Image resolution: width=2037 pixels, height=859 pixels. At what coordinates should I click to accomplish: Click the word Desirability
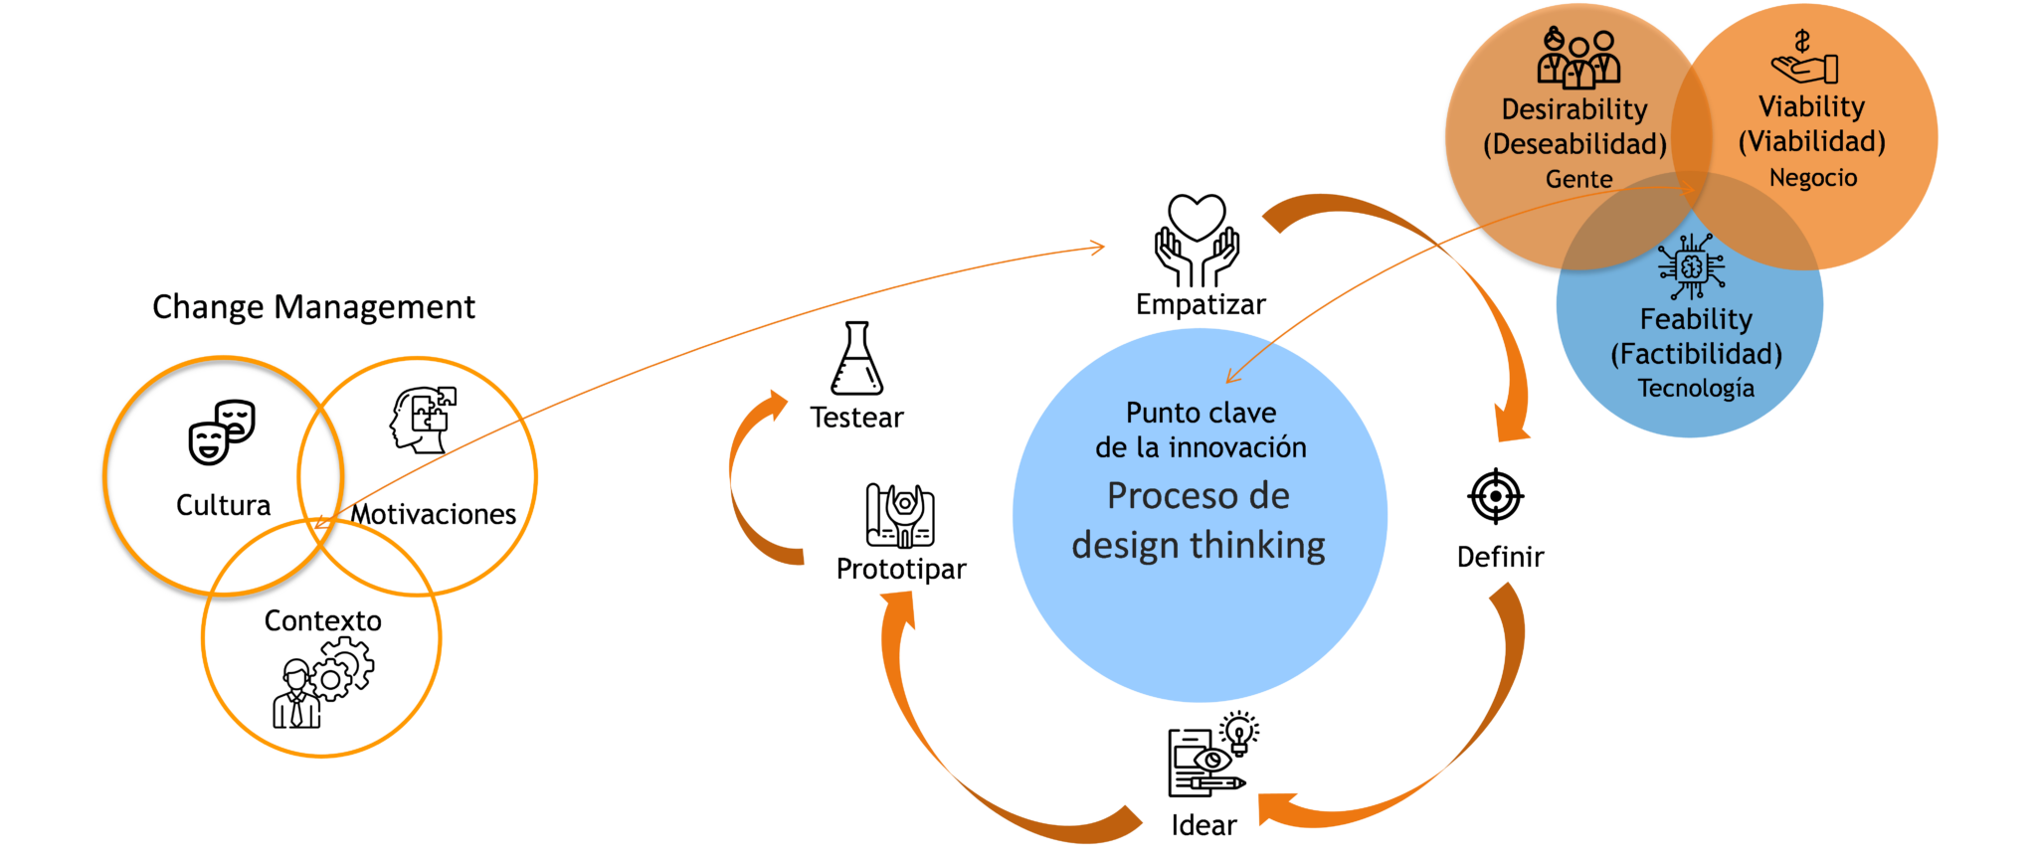1574,109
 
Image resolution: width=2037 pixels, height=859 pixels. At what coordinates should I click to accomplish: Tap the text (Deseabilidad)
1574,144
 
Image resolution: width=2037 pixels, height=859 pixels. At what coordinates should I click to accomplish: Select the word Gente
1578,180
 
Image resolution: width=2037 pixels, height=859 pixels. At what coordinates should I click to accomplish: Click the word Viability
1811,106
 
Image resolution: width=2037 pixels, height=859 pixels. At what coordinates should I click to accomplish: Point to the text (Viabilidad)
1811,141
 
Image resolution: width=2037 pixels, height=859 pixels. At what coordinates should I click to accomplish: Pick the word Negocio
1812,178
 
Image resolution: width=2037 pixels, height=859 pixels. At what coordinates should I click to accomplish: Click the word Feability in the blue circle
1696,319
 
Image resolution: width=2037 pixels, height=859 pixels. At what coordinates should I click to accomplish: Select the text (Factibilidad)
1696,354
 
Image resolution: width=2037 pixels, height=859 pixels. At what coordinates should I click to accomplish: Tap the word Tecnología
1696,389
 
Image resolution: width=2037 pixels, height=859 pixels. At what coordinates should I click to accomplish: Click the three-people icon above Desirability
1578,59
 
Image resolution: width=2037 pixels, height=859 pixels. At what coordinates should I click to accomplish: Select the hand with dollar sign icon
1804,59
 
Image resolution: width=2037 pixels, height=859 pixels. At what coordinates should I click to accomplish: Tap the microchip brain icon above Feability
1691,266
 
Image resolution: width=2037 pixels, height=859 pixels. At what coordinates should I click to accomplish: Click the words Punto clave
1201,413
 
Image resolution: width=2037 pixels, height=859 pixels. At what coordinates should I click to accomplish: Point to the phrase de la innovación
1201,447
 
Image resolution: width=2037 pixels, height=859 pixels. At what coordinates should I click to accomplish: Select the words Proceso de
1198,495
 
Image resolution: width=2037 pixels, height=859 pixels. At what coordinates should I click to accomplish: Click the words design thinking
1198,545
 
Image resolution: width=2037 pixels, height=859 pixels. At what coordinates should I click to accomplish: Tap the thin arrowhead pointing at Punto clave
1231,377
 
